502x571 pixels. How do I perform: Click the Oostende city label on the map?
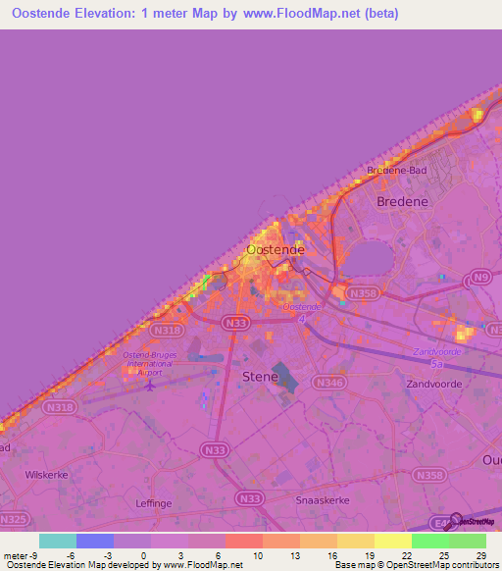275,250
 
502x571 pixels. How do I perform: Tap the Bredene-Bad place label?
396,170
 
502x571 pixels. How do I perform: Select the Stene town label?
260,375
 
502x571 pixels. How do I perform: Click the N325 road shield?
13,517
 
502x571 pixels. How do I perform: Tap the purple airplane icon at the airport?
150,384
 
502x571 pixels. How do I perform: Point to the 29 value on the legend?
480,556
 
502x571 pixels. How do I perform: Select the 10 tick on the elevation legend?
258,556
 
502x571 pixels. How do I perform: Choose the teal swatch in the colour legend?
58,541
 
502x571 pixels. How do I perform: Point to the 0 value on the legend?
145,556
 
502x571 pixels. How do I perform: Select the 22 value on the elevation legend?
406,556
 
